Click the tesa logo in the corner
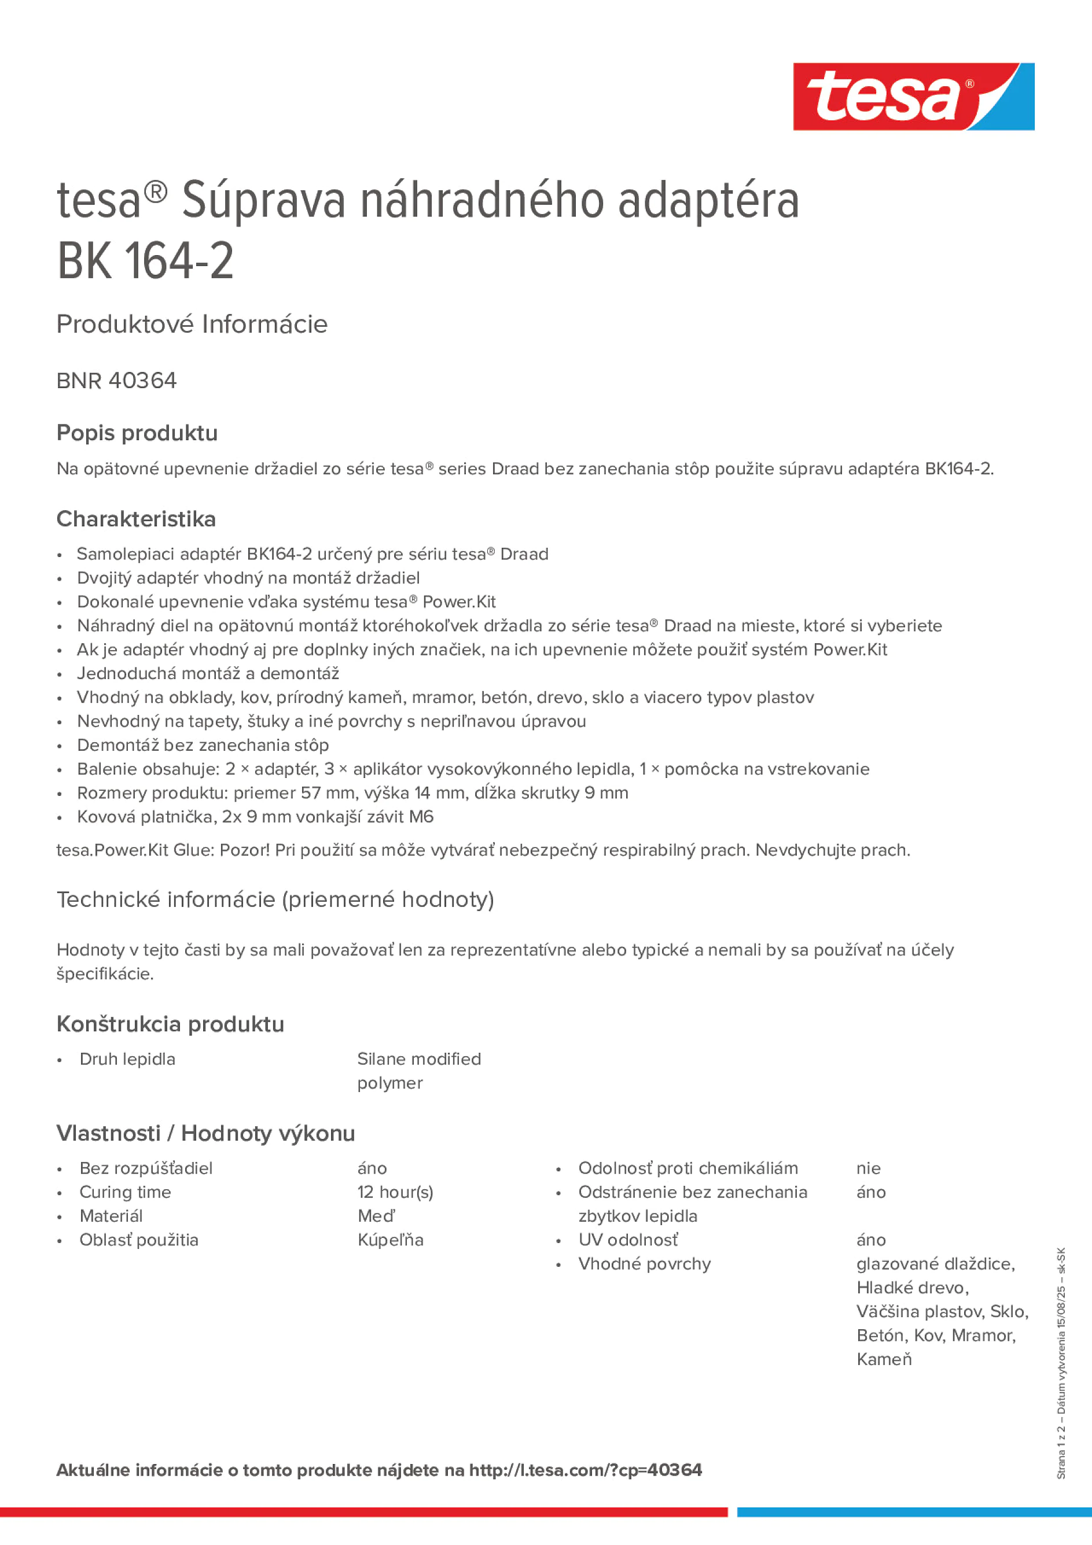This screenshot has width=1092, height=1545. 913,96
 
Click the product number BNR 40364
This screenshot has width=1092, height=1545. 116,381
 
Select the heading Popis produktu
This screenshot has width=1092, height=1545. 137,433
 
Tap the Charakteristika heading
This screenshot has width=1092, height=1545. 136,519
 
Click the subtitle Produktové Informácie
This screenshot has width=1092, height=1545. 192,325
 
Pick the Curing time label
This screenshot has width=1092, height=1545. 125,1192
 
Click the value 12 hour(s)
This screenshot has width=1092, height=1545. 395,1192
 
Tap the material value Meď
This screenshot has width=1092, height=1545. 376,1216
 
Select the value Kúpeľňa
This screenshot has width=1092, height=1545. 390,1240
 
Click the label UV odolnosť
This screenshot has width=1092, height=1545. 627,1240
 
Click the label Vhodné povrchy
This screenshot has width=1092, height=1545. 644,1264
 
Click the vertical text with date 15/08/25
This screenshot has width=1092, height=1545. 1061,1363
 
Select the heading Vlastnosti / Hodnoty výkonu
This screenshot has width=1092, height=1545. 205,1133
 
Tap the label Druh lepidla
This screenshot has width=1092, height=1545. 127,1059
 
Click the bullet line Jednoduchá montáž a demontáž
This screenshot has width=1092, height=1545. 208,673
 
